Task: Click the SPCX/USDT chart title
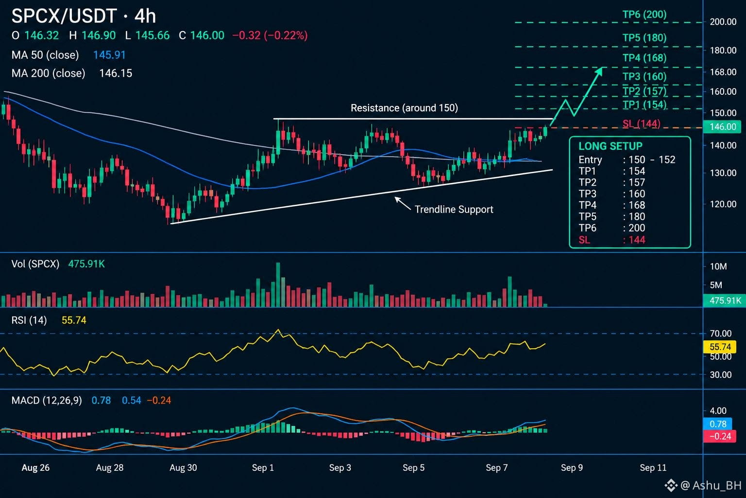point(64,16)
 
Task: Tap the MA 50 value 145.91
point(109,55)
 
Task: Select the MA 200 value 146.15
point(116,73)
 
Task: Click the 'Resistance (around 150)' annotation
point(404,108)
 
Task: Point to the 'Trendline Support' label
point(454,209)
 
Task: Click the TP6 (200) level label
point(644,14)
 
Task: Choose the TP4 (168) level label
point(644,58)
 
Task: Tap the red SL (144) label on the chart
point(641,124)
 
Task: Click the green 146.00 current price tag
point(722,127)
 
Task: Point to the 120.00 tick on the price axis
point(723,204)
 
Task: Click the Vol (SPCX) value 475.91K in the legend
point(86,264)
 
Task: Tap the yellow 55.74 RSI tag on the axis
point(720,347)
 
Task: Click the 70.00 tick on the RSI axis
point(721,334)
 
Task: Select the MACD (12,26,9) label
point(47,400)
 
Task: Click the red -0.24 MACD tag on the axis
point(720,436)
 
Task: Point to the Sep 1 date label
point(263,468)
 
